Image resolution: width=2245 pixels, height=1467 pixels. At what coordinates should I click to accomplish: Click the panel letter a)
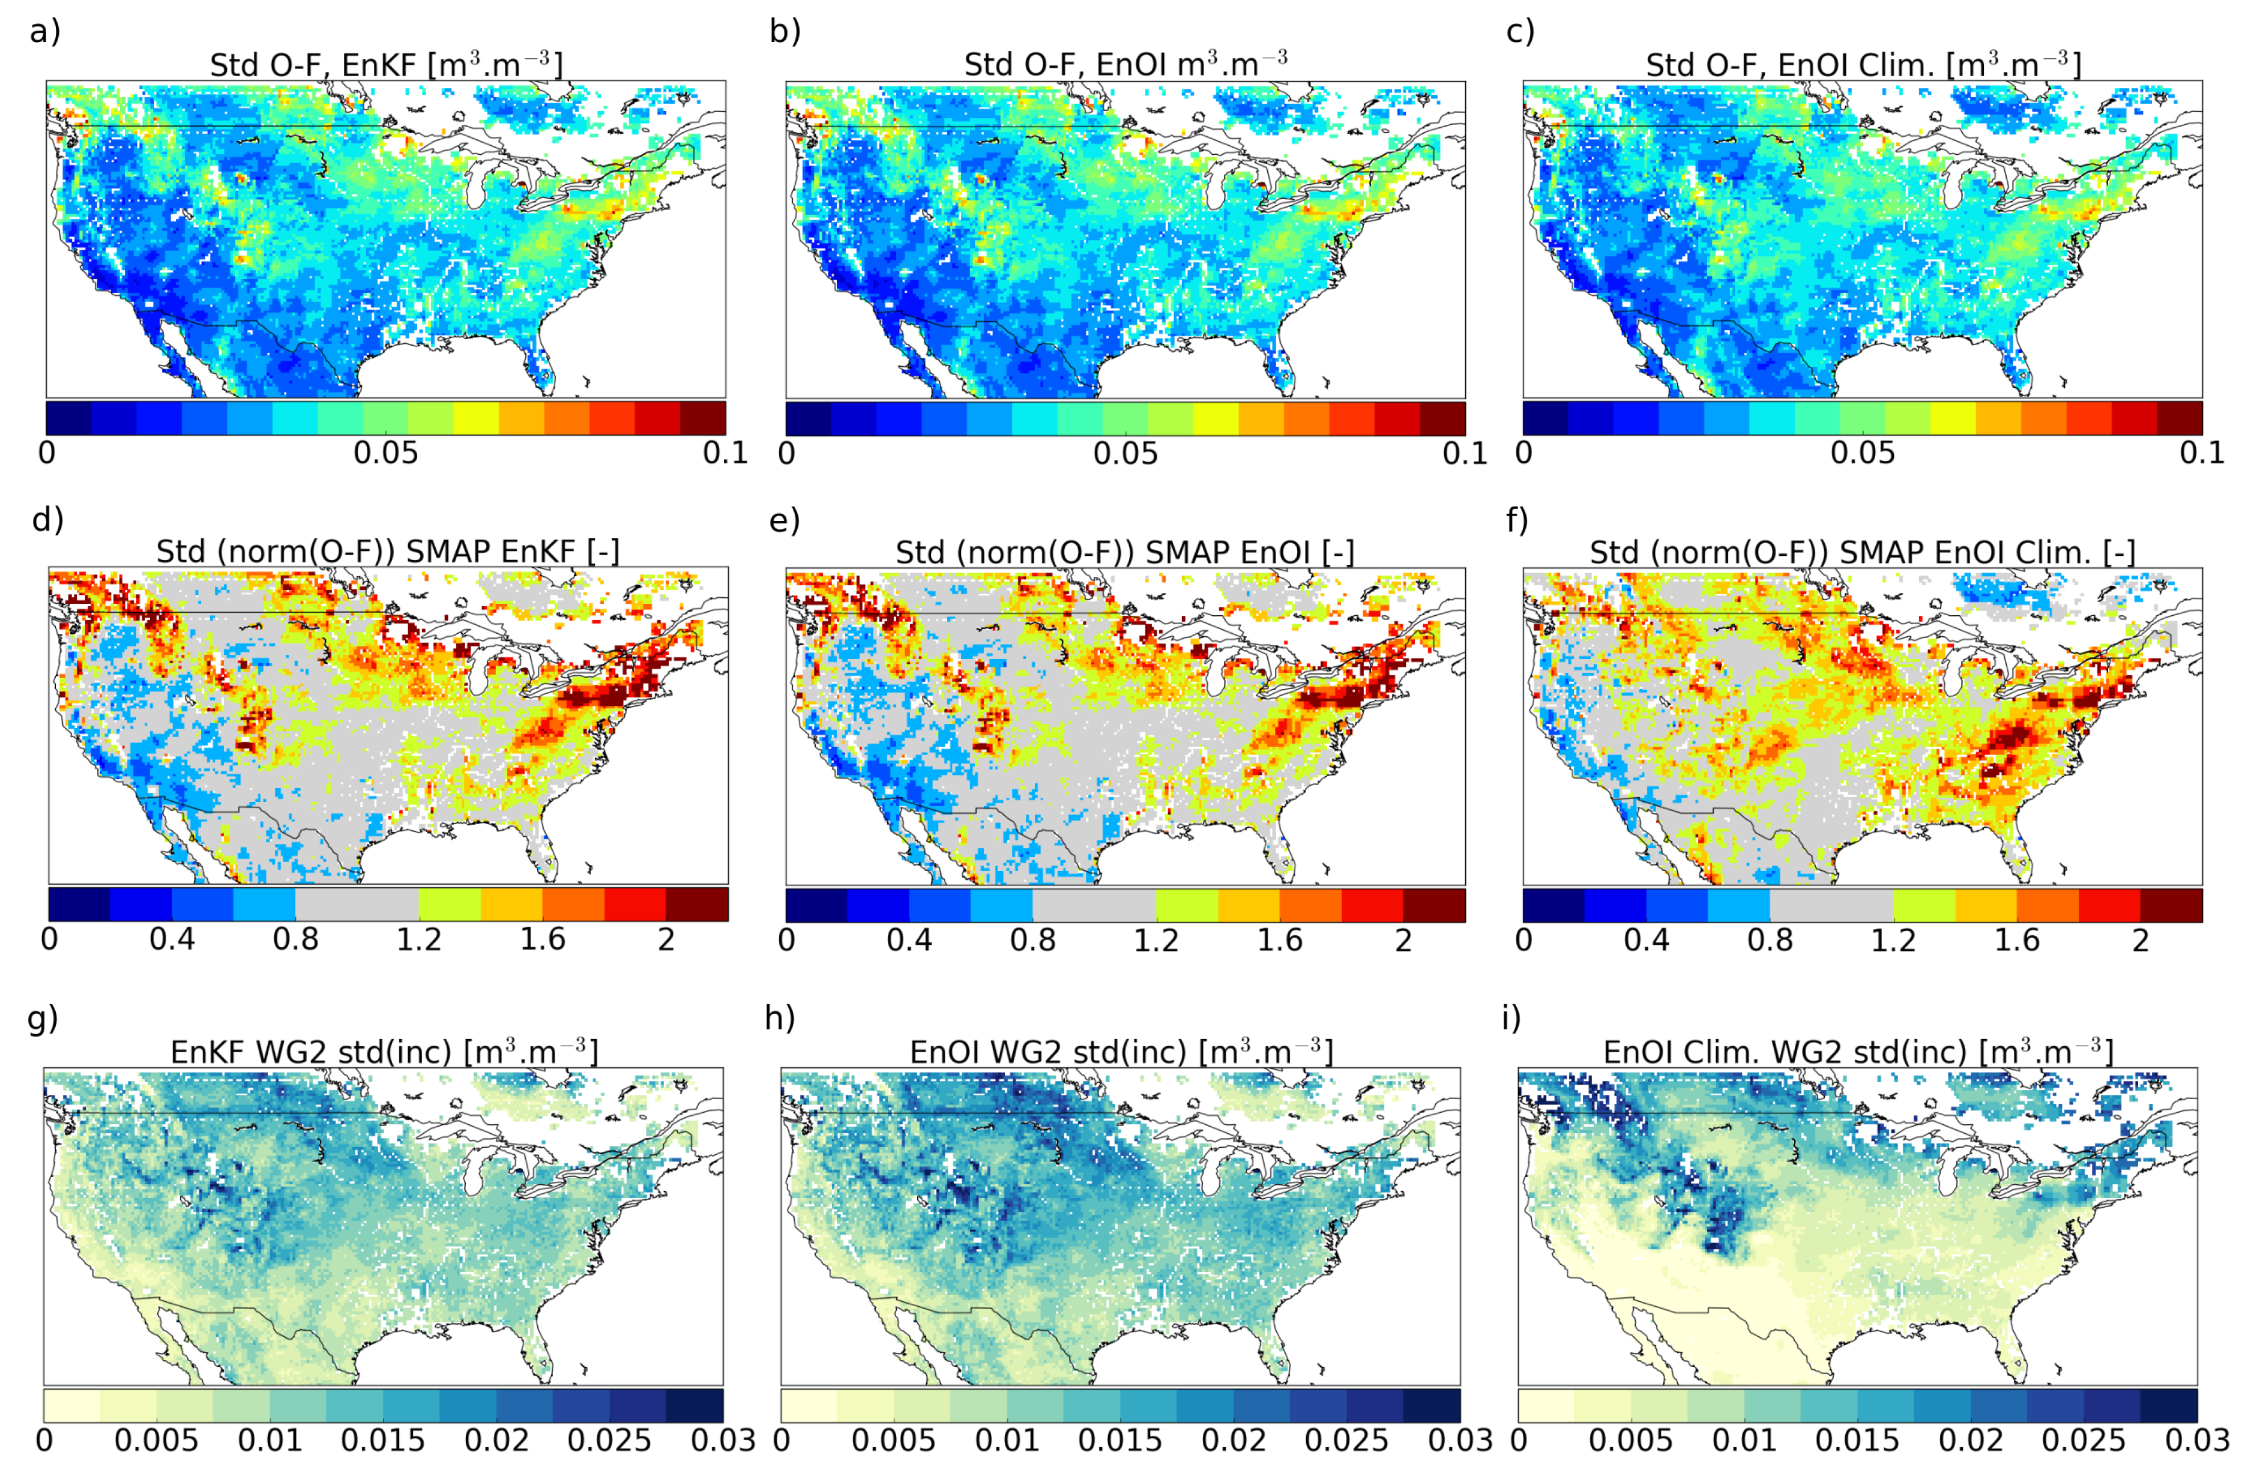click(44, 31)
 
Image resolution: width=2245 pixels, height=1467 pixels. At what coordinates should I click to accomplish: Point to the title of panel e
click(1124, 552)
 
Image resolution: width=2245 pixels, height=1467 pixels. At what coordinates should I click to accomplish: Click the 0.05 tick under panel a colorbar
click(386, 453)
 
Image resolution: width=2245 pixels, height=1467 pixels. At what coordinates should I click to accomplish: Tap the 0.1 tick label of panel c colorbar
click(2202, 453)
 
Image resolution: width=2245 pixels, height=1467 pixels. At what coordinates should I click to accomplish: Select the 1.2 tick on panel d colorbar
click(419, 939)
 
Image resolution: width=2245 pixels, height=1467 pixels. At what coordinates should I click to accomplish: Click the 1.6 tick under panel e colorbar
click(1279, 939)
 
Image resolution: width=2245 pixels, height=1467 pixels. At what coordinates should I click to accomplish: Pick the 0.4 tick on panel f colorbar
click(1646, 939)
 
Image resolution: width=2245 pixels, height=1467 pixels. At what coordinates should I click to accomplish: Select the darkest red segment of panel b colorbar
click(1442, 418)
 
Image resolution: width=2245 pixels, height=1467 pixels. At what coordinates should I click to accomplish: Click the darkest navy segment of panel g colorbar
click(695, 1405)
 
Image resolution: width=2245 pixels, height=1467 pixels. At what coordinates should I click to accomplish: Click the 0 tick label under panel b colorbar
click(787, 453)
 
